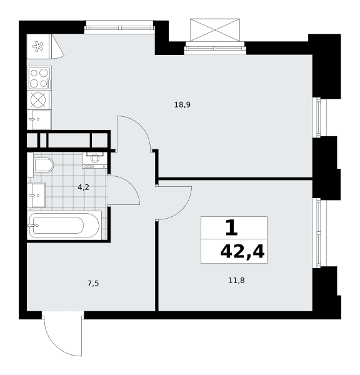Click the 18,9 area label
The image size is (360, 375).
(x=182, y=105)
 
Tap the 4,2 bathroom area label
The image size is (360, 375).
(x=83, y=187)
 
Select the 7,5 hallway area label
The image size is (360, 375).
(x=93, y=284)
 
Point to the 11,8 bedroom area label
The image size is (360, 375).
(x=236, y=280)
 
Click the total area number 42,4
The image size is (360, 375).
(x=242, y=252)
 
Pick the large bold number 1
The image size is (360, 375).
(x=231, y=227)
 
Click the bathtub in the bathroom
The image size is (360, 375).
(x=64, y=225)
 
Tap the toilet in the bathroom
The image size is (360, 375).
(x=43, y=165)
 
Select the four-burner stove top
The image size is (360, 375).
(x=39, y=78)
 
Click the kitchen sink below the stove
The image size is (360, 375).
(x=39, y=119)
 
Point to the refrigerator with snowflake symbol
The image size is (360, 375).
(x=38, y=46)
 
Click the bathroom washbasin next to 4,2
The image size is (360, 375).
(x=36, y=195)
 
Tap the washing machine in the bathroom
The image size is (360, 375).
(x=95, y=160)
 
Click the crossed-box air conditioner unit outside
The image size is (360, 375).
(x=215, y=29)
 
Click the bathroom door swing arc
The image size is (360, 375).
(x=131, y=184)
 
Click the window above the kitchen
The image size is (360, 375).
(x=119, y=27)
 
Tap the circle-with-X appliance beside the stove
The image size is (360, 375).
(x=38, y=100)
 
